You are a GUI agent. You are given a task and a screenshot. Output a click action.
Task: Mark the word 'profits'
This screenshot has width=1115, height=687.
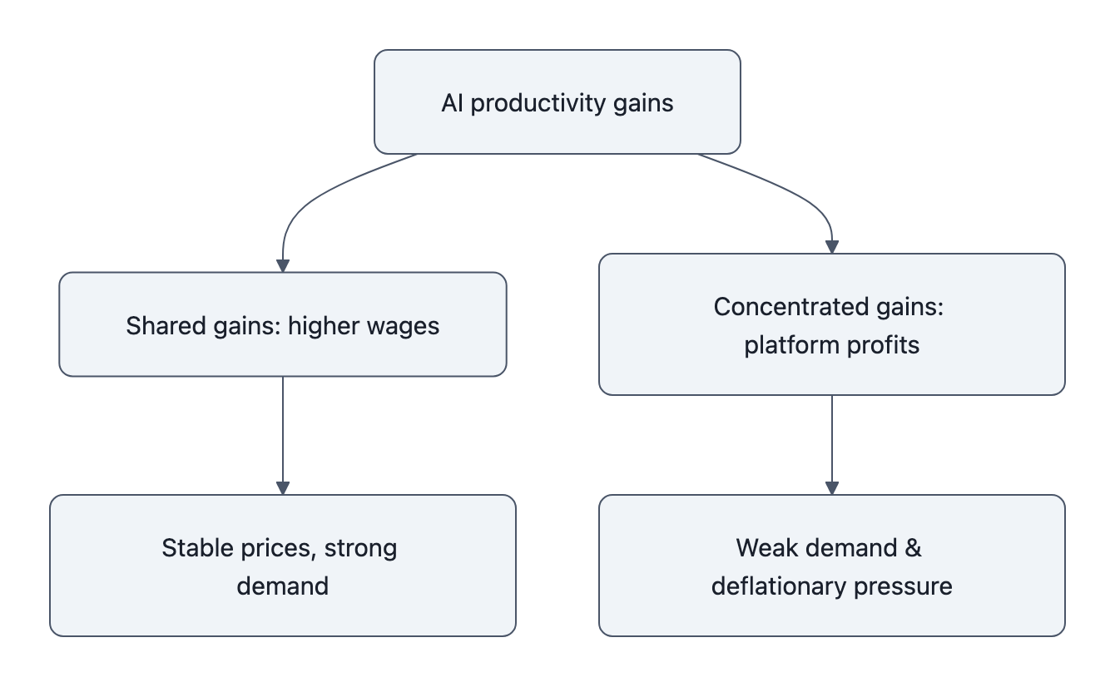coord(885,345)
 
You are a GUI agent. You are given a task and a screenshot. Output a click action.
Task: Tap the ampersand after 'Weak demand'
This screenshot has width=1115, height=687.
coord(912,548)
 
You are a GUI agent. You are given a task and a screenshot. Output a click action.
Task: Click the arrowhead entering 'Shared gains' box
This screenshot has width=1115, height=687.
coord(283,265)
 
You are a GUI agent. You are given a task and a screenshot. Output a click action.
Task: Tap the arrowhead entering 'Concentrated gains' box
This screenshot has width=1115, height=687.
coord(831,247)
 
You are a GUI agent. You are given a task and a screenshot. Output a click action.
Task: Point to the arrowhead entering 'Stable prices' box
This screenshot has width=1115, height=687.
coord(283,488)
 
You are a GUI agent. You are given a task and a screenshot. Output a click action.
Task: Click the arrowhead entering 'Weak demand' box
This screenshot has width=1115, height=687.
coord(831,488)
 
